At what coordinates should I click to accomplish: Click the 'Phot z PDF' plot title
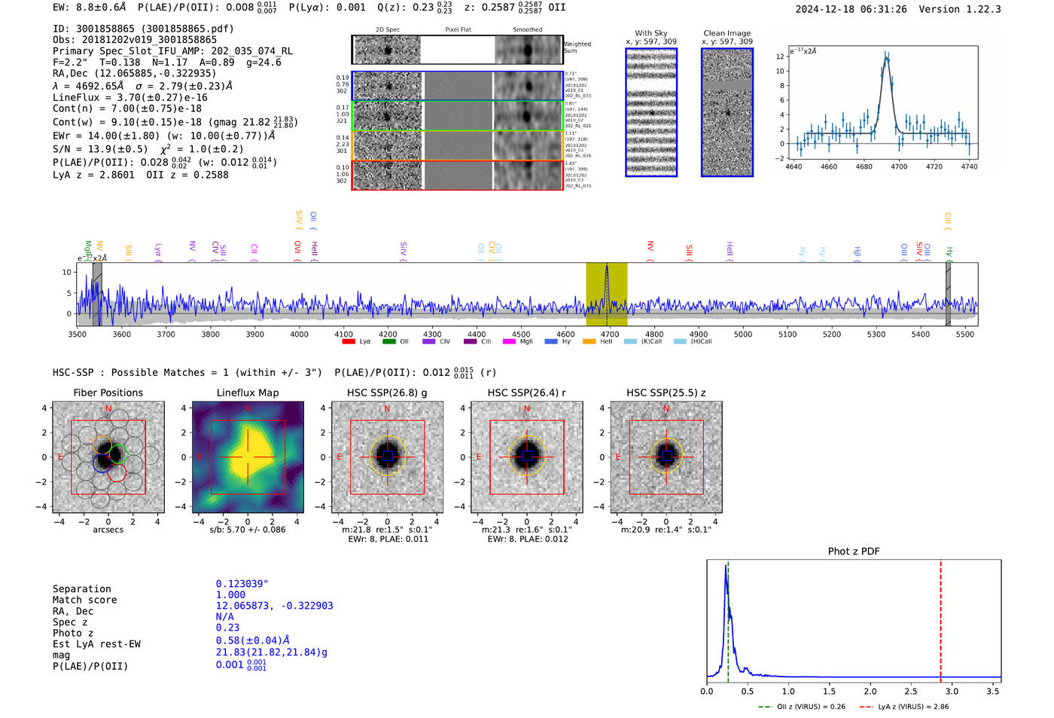point(853,551)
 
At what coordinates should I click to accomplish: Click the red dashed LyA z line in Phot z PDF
point(940,618)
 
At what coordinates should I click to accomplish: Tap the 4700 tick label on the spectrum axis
point(610,335)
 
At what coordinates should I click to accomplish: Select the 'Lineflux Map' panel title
point(247,393)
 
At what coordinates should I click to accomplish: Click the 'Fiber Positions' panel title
point(108,393)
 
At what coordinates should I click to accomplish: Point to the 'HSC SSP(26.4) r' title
point(526,393)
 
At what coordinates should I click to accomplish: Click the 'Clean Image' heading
point(727,33)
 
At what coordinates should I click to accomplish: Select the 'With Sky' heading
point(650,33)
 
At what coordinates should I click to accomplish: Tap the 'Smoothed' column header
point(527,30)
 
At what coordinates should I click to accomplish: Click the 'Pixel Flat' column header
point(458,30)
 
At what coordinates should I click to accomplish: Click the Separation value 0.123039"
point(242,584)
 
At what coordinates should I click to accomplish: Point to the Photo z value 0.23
point(227,628)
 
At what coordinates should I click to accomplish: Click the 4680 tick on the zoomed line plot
point(864,167)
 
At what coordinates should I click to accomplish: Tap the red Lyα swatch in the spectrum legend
point(349,342)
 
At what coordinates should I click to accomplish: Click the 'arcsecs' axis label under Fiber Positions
point(108,530)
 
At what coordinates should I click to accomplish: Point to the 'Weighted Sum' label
point(577,47)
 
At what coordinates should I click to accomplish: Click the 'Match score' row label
point(84,600)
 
